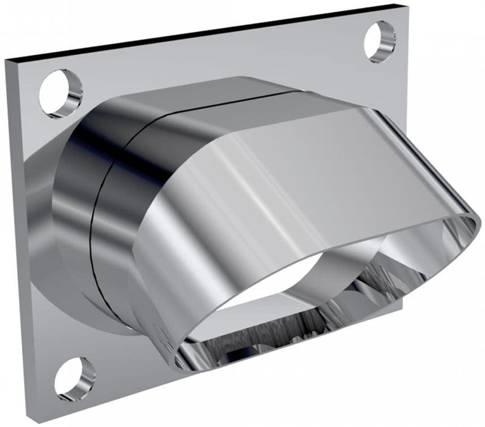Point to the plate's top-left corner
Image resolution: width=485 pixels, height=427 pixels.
click(7, 60)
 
